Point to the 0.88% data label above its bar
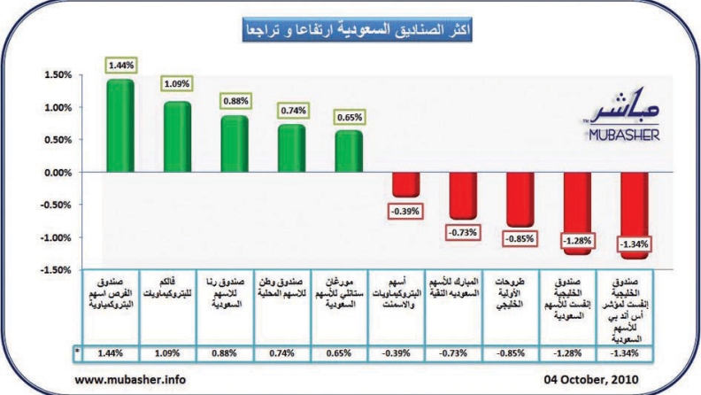pyautogui.click(x=235, y=100)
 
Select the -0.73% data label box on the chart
pyautogui.click(x=463, y=232)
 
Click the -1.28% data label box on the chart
pyautogui.click(x=577, y=239)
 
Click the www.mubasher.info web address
pyautogui.click(x=130, y=379)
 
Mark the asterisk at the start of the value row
pyautogui.click(x=78, y=352)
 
